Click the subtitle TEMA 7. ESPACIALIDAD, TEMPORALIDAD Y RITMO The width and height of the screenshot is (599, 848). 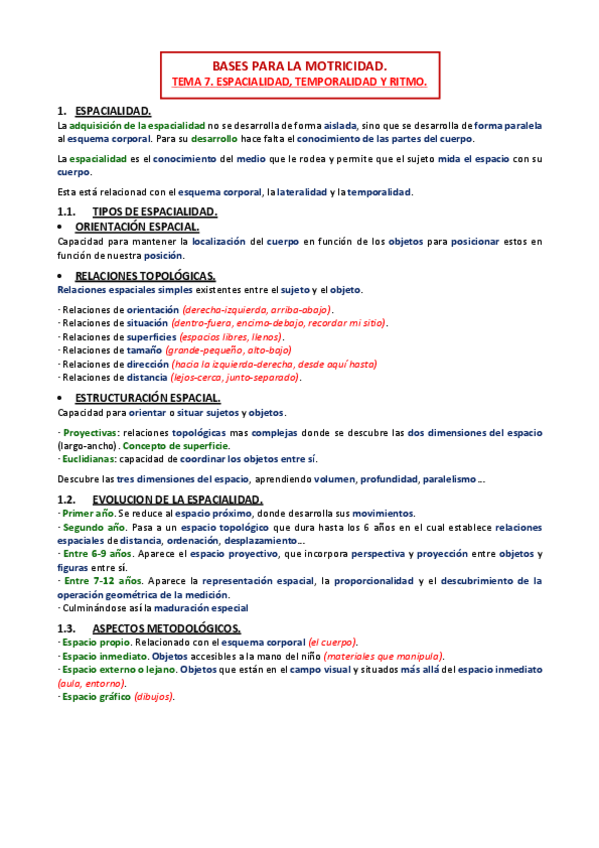pos(300,82)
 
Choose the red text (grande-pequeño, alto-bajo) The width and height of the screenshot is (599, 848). pos(215,351)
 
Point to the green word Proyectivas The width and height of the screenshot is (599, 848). pos(91,433)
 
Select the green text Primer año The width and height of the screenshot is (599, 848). pos(86,512)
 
